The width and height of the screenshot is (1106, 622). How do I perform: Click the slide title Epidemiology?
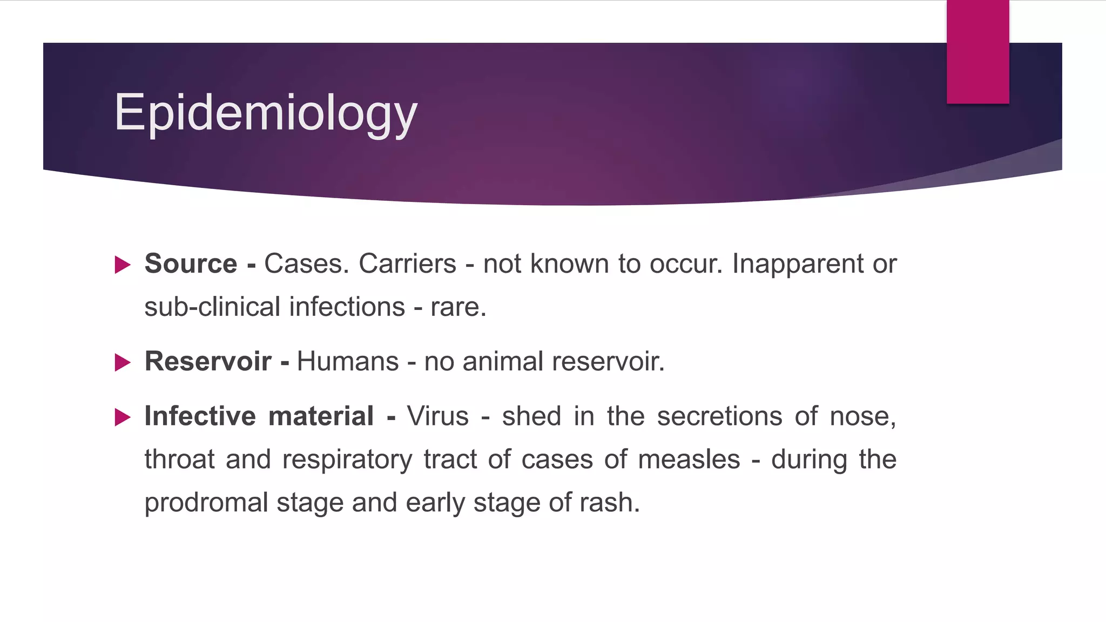[x=266, y=113]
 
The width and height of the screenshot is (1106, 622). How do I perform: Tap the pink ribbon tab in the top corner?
[x=977, y=52]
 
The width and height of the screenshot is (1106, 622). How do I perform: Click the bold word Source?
[x=191, y=264]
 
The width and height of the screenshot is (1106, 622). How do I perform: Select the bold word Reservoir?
[x=208, y=361]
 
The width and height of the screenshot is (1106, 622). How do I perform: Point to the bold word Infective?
[x=200, y=416]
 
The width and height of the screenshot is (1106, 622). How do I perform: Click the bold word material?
[x=321, y=416]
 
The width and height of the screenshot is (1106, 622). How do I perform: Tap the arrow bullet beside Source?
[x=123, y=265]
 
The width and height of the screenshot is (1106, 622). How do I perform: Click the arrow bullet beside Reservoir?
[x=123, y=362]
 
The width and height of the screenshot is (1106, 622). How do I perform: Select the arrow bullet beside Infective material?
[x=123, y=417]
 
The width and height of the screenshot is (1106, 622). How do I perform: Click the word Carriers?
[x=407, y=264]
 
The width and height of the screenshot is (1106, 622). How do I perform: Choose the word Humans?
[x=347, y=361]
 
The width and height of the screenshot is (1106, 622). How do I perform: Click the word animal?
[x=503, y=361]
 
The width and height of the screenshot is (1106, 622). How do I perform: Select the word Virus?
[x=437, y=416]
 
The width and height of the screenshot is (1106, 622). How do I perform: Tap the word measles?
[x=689, y=459]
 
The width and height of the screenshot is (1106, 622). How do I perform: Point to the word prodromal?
[x=206, y=503]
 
